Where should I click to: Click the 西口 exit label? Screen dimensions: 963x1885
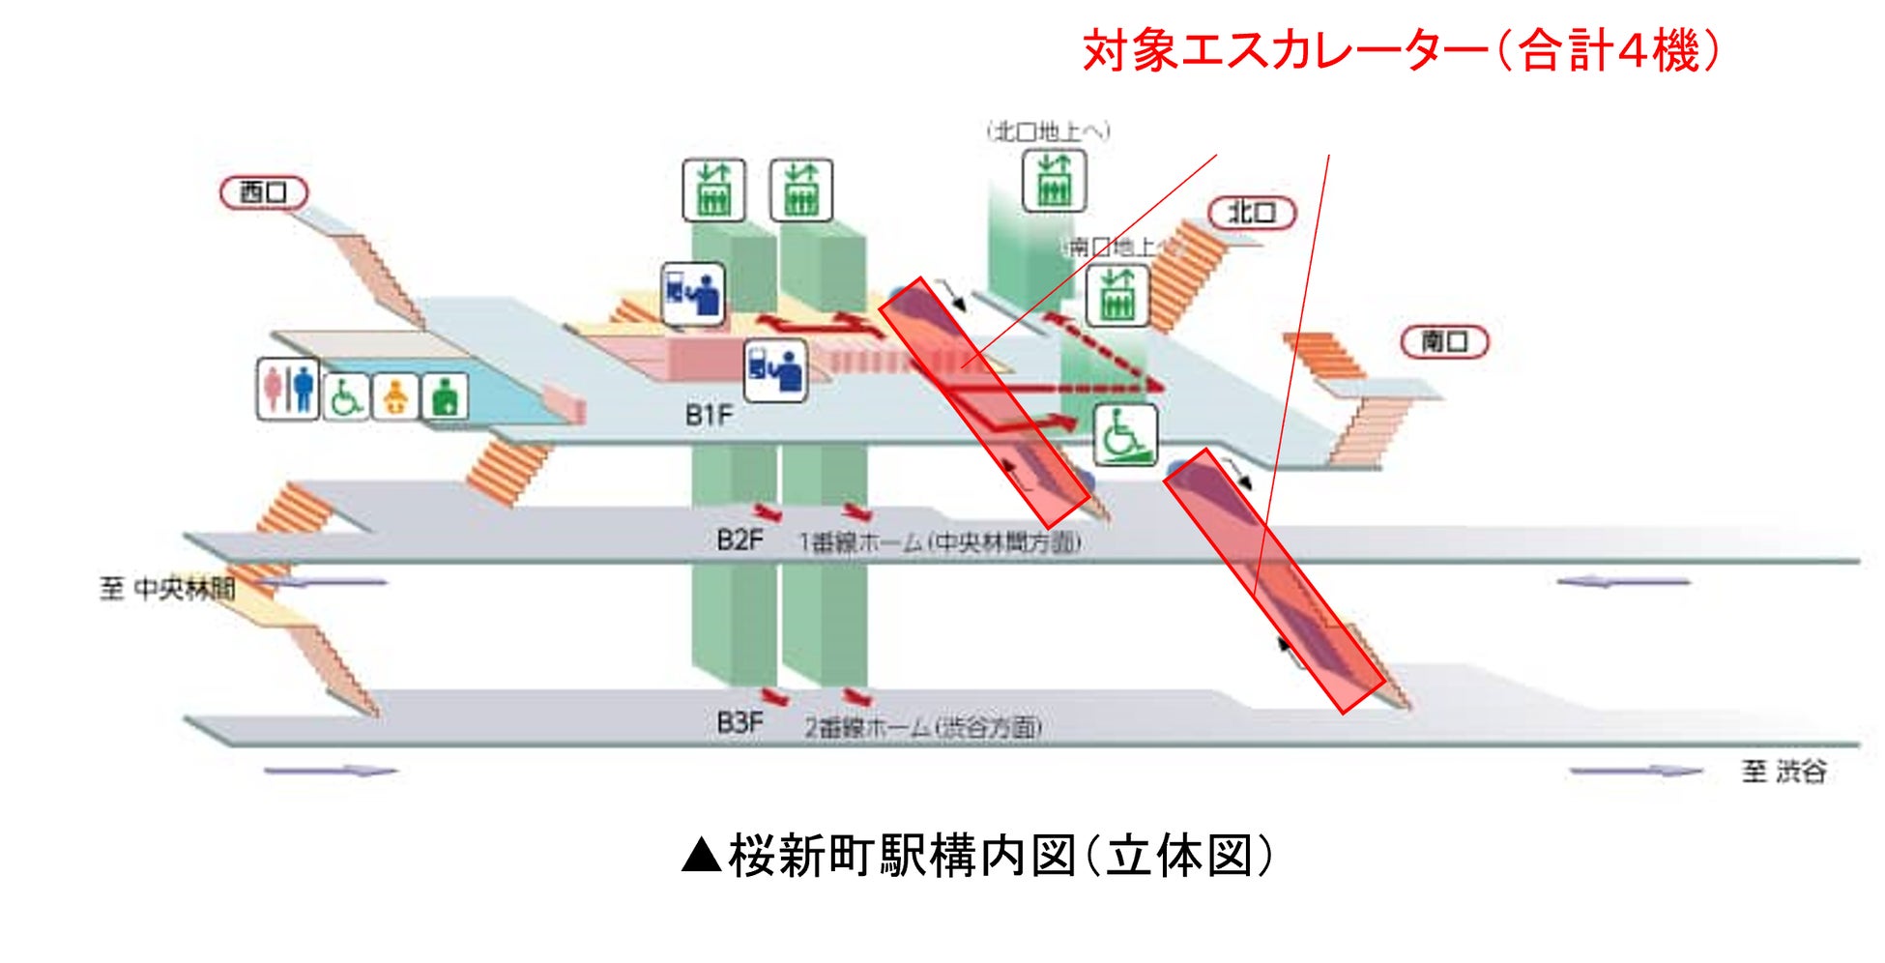coord(263,192)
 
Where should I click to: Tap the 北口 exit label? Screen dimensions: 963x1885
coord(1251,213)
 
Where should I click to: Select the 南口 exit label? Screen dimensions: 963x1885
coord(1444,341)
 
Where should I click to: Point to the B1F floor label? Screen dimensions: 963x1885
coord(709,415)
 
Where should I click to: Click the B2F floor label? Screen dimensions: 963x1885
coord(739,540)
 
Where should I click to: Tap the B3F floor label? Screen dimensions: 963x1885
coord(739,722)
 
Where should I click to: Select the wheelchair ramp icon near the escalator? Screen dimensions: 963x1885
coord(1125,435)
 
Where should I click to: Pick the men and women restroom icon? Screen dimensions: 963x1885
coord(288,389)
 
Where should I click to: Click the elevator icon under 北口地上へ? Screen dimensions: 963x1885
coord(1054,181)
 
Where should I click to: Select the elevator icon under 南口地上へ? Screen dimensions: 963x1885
coord(1117,295)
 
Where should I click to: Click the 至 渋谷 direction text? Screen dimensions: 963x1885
coord(1783,772)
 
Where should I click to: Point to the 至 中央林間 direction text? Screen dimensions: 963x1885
coord(167,588)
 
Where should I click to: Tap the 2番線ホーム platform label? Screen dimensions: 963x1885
coord(923,726)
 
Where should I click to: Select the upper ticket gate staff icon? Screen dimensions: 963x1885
coord(693,293)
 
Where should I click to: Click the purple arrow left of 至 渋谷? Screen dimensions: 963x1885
coord(1635,772)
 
